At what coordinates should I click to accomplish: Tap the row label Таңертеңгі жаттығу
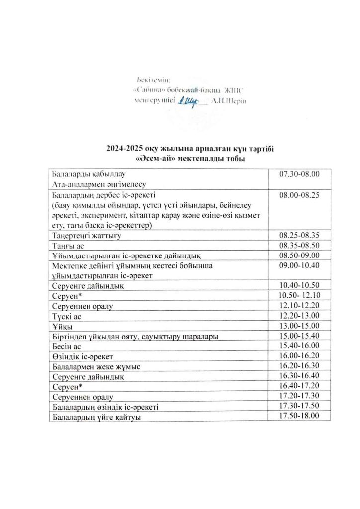tap(87, 235)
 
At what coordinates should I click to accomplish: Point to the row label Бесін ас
tap(67, 346)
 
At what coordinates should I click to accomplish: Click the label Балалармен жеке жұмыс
tap(96, 367)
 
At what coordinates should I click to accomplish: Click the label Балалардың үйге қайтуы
tap(95, 418)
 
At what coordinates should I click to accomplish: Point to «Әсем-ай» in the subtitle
tap(153, 159)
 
